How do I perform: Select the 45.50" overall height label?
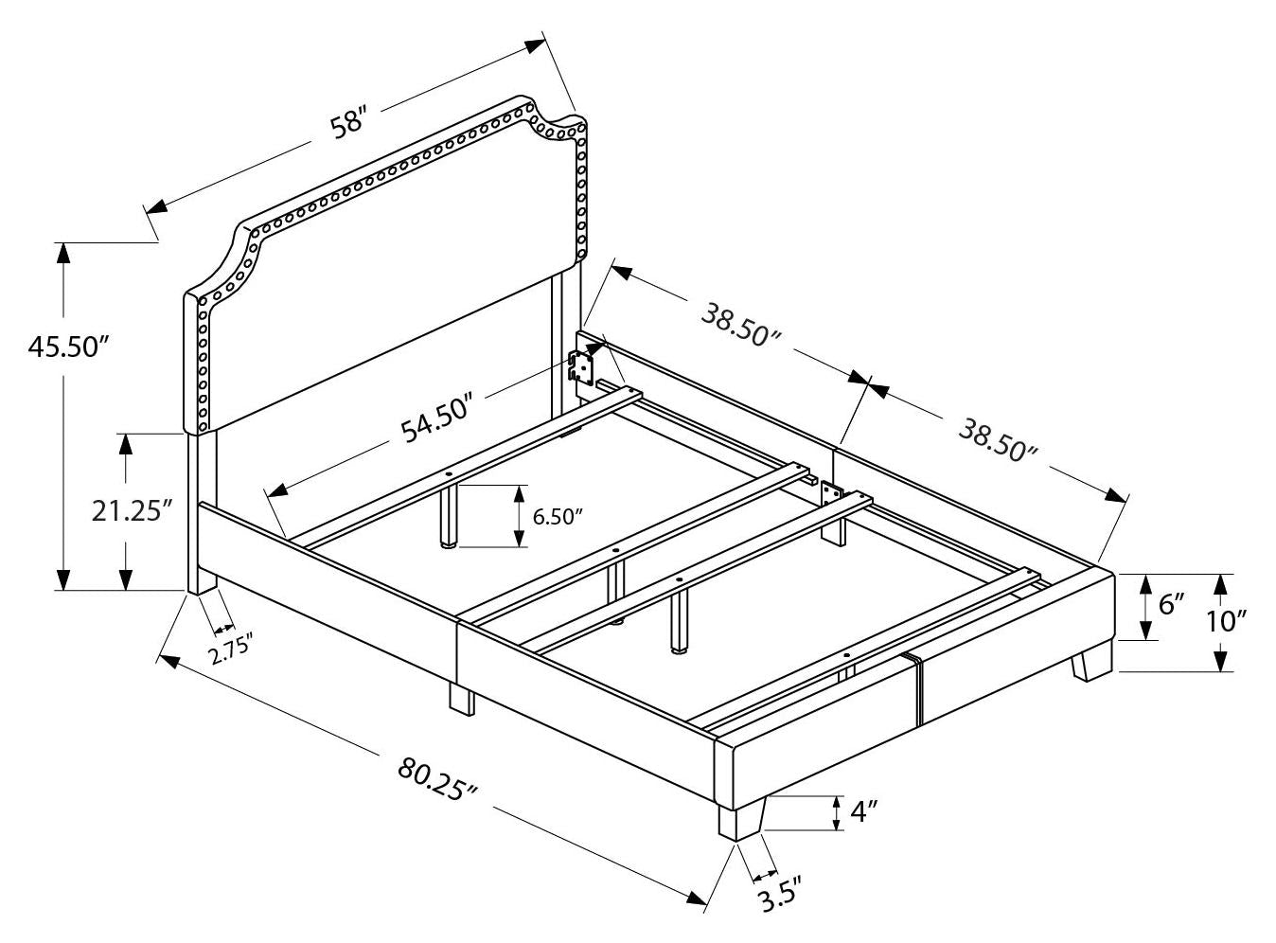click(x=63, y=347)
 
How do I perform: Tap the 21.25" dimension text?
click(x=133, y=511)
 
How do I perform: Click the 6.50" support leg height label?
click(x=557, y=517)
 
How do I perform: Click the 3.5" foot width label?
click(x=779, y=894)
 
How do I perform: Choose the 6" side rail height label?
click(x=1172, y=604)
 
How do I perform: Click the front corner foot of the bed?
click(x=740, y=820)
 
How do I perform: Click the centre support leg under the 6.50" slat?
click(x=448, y=518)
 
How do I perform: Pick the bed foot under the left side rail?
click(x=461, y=699)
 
